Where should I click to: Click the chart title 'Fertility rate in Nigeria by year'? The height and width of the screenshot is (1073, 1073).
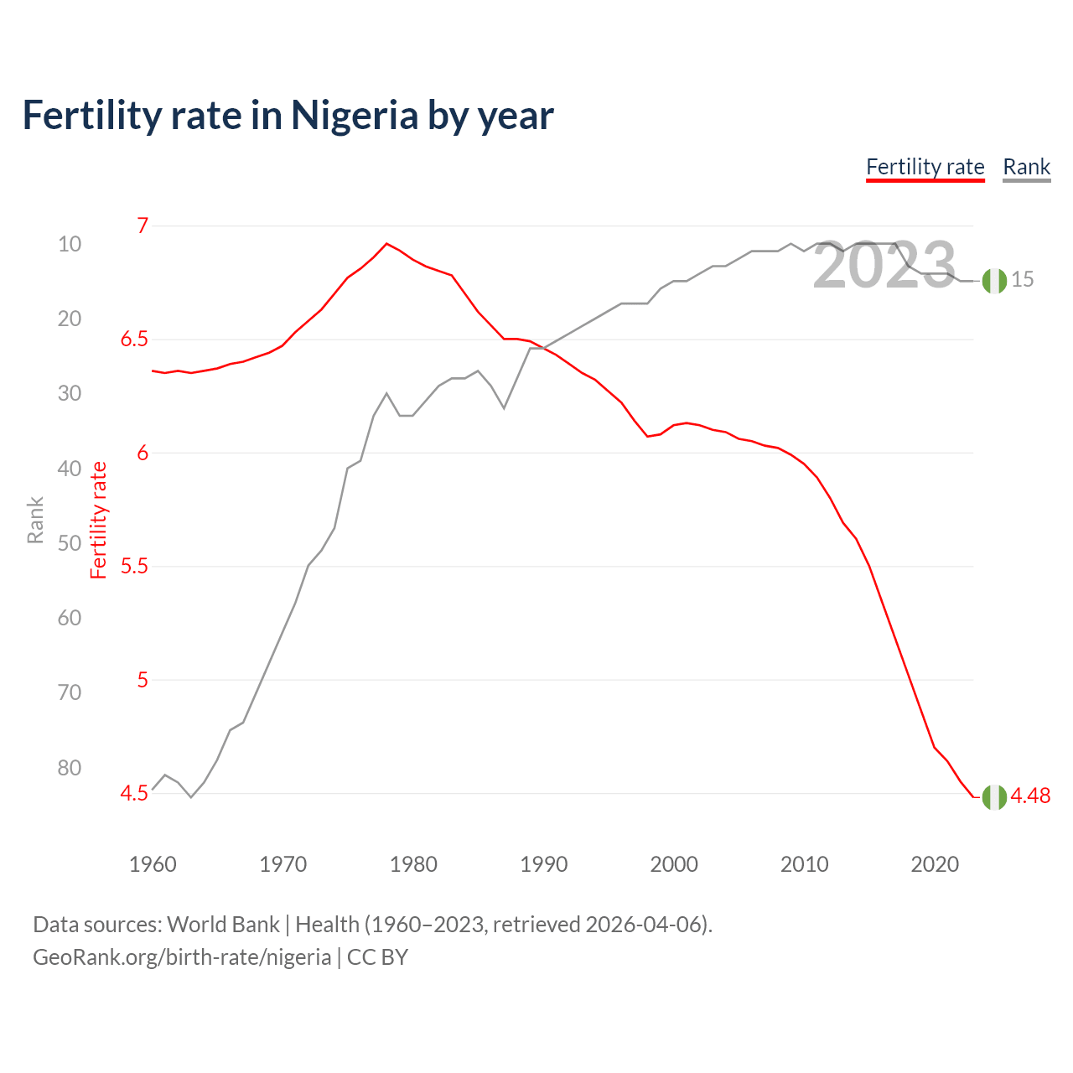(288, 116)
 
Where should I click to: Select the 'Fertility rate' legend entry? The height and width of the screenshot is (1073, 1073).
(925, 167)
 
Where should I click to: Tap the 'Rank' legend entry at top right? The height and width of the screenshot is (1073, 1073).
(1026, 167)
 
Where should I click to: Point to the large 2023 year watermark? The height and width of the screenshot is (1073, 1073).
(884, 266)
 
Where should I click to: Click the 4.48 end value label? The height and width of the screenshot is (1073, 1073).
(1030, 796)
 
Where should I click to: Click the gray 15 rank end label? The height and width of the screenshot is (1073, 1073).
(1022, 280)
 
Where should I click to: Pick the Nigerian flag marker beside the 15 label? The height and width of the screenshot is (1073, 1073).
(994, 282)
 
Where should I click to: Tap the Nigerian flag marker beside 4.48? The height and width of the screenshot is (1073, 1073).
(994, 797)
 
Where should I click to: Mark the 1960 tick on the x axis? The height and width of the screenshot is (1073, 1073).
(153, 864)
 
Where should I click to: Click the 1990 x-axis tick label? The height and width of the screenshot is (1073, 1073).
(543, 864)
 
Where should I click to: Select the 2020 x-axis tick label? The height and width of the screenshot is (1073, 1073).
(935, 864)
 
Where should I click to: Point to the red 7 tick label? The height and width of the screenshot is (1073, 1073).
(143, 225)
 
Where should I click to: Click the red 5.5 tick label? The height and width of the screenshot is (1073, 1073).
(134, 567)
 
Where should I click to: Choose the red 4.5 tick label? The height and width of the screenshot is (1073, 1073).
(134, 793)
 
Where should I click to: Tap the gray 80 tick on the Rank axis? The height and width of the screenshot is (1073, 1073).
(70, 768)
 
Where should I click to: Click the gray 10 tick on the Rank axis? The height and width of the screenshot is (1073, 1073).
(70, 244)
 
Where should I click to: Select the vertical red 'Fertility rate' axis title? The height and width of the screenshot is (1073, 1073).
(99, 520)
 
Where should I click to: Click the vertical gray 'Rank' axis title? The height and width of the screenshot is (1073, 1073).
(35, 520)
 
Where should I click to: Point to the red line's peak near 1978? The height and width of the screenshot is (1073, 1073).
(386, 243)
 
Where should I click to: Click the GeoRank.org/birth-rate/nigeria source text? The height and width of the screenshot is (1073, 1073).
(182, 957)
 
